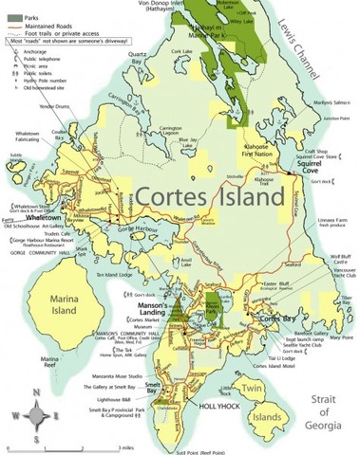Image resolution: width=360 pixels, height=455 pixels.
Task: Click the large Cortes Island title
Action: click(209, 198)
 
